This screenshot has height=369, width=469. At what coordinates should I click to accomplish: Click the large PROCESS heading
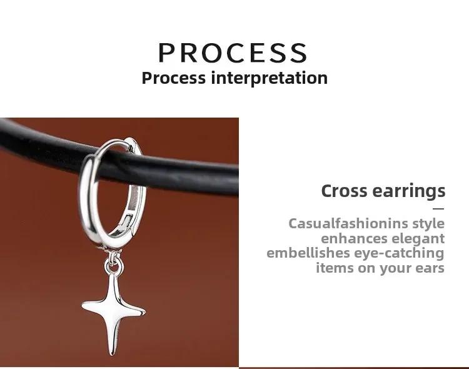[233, 53]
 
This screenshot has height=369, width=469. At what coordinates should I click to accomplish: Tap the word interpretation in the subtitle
[269, 78]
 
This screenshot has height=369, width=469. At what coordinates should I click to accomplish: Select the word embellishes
[308, 253]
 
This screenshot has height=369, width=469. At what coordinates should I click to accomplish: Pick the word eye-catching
[400, 253]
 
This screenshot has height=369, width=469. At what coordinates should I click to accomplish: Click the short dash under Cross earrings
[438, 209]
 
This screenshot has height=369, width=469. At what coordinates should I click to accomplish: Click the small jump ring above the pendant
[114, 265]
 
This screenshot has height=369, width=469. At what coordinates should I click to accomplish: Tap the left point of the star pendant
[83, 306]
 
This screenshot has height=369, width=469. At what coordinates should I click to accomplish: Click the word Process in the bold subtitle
[174, 78]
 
